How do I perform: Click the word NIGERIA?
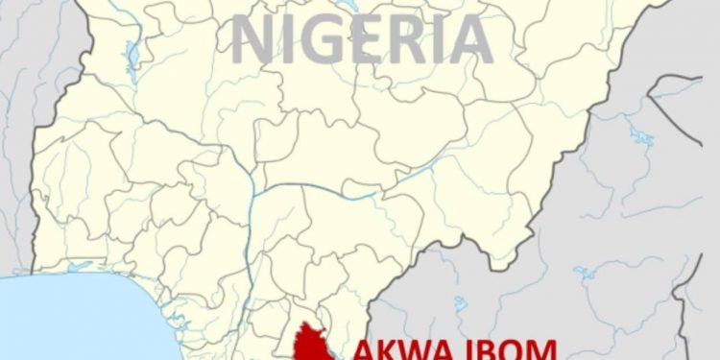pyautogui.click(x=363, y=39)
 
